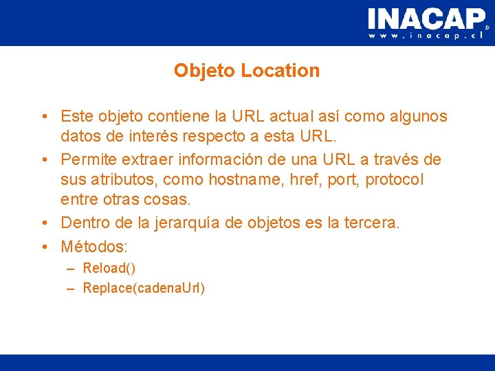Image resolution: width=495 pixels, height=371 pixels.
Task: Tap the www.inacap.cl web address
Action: click(x=426, y=36)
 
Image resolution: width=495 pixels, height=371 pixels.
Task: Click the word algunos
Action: click(x=416, y=117)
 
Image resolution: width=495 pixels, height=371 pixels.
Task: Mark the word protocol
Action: click(x=395, y=179)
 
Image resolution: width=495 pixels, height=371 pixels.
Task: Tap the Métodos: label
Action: click(x=95, y=246)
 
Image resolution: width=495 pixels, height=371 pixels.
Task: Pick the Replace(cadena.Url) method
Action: click(x=144, y=288)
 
